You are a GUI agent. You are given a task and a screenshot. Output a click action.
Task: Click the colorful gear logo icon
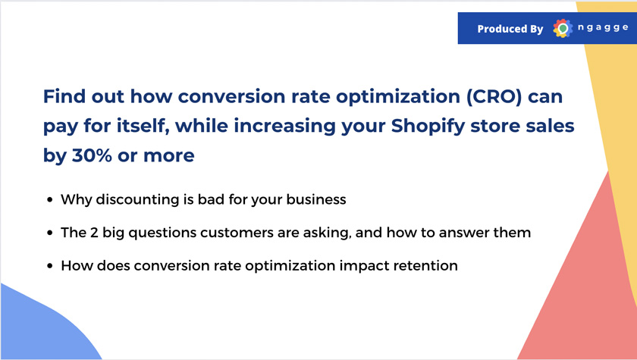click(563, 28)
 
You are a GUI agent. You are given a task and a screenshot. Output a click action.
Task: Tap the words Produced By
click(510, 29)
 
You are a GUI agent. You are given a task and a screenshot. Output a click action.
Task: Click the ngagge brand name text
click(603, 27)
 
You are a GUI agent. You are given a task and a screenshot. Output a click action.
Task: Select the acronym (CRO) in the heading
click(494, 96)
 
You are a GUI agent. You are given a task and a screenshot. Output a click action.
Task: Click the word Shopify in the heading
click(428, 127)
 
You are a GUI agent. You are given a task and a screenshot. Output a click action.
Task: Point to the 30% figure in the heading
click(92, 155)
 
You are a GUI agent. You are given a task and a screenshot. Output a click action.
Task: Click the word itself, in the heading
click(143, 127)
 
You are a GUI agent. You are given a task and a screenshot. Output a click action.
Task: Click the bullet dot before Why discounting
click(50, 199)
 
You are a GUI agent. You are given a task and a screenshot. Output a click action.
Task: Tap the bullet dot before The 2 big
click(50, 233)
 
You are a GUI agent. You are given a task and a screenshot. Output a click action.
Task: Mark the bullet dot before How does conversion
click(50, 266)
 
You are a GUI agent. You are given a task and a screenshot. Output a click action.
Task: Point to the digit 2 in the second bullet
click(94, 233)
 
